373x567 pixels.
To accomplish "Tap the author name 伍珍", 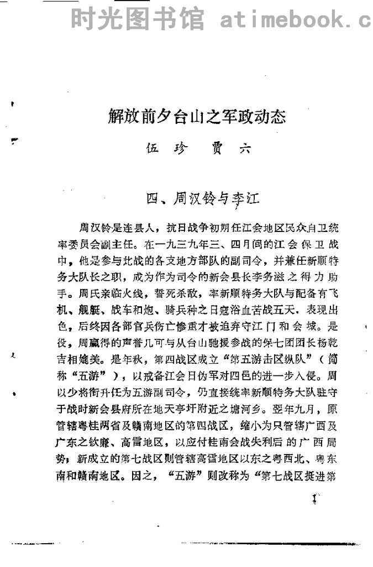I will coord(164,149).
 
